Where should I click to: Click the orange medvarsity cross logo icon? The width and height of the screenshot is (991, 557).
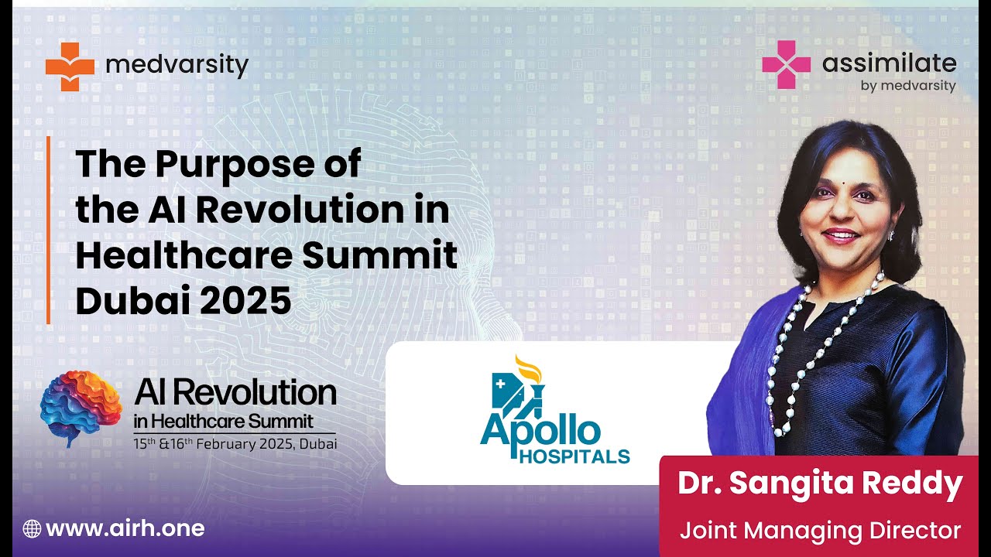click(x=70, y=67)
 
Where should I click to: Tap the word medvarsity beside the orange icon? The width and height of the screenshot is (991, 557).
click(x=177, y=65)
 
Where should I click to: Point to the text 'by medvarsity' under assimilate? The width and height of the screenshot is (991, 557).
click(x=908, y=86)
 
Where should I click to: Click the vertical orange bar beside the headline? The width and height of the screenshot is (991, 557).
click(x=48, y=230)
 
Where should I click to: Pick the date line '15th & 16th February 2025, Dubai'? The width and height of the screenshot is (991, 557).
click(x=235, y=444)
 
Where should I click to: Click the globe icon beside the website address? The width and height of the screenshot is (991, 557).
click(x=32, y=529)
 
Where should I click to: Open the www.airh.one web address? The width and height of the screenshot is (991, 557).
click(x=125, y=529)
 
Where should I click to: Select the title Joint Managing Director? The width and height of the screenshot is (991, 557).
click(x=820, y=531)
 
